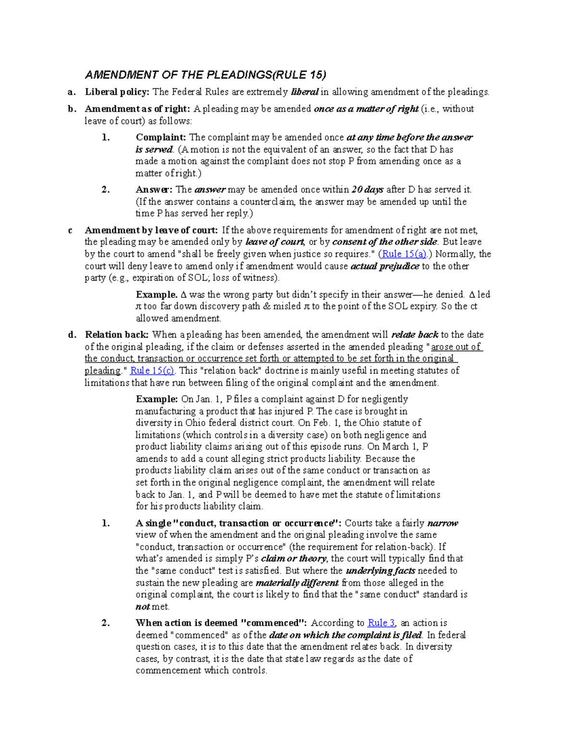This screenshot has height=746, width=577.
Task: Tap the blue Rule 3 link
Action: [381, 623]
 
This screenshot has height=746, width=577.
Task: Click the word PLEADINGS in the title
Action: [239, 75]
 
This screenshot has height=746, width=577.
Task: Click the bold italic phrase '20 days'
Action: [367, 189]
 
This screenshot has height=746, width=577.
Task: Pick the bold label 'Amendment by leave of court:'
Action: [151, 230]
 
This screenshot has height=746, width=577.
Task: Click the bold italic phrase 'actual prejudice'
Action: [385, 266]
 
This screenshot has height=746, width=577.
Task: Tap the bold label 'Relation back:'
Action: [117, 335]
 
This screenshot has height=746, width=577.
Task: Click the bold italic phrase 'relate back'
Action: [414, 335]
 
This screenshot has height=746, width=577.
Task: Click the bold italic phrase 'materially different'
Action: [297, 583]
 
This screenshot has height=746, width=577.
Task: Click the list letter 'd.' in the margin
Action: [72, 335]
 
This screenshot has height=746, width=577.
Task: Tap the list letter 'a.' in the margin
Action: [72, 92]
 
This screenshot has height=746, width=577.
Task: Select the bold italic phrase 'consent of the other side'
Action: [385, 242]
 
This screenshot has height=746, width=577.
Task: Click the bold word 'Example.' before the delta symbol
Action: [157, 294]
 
